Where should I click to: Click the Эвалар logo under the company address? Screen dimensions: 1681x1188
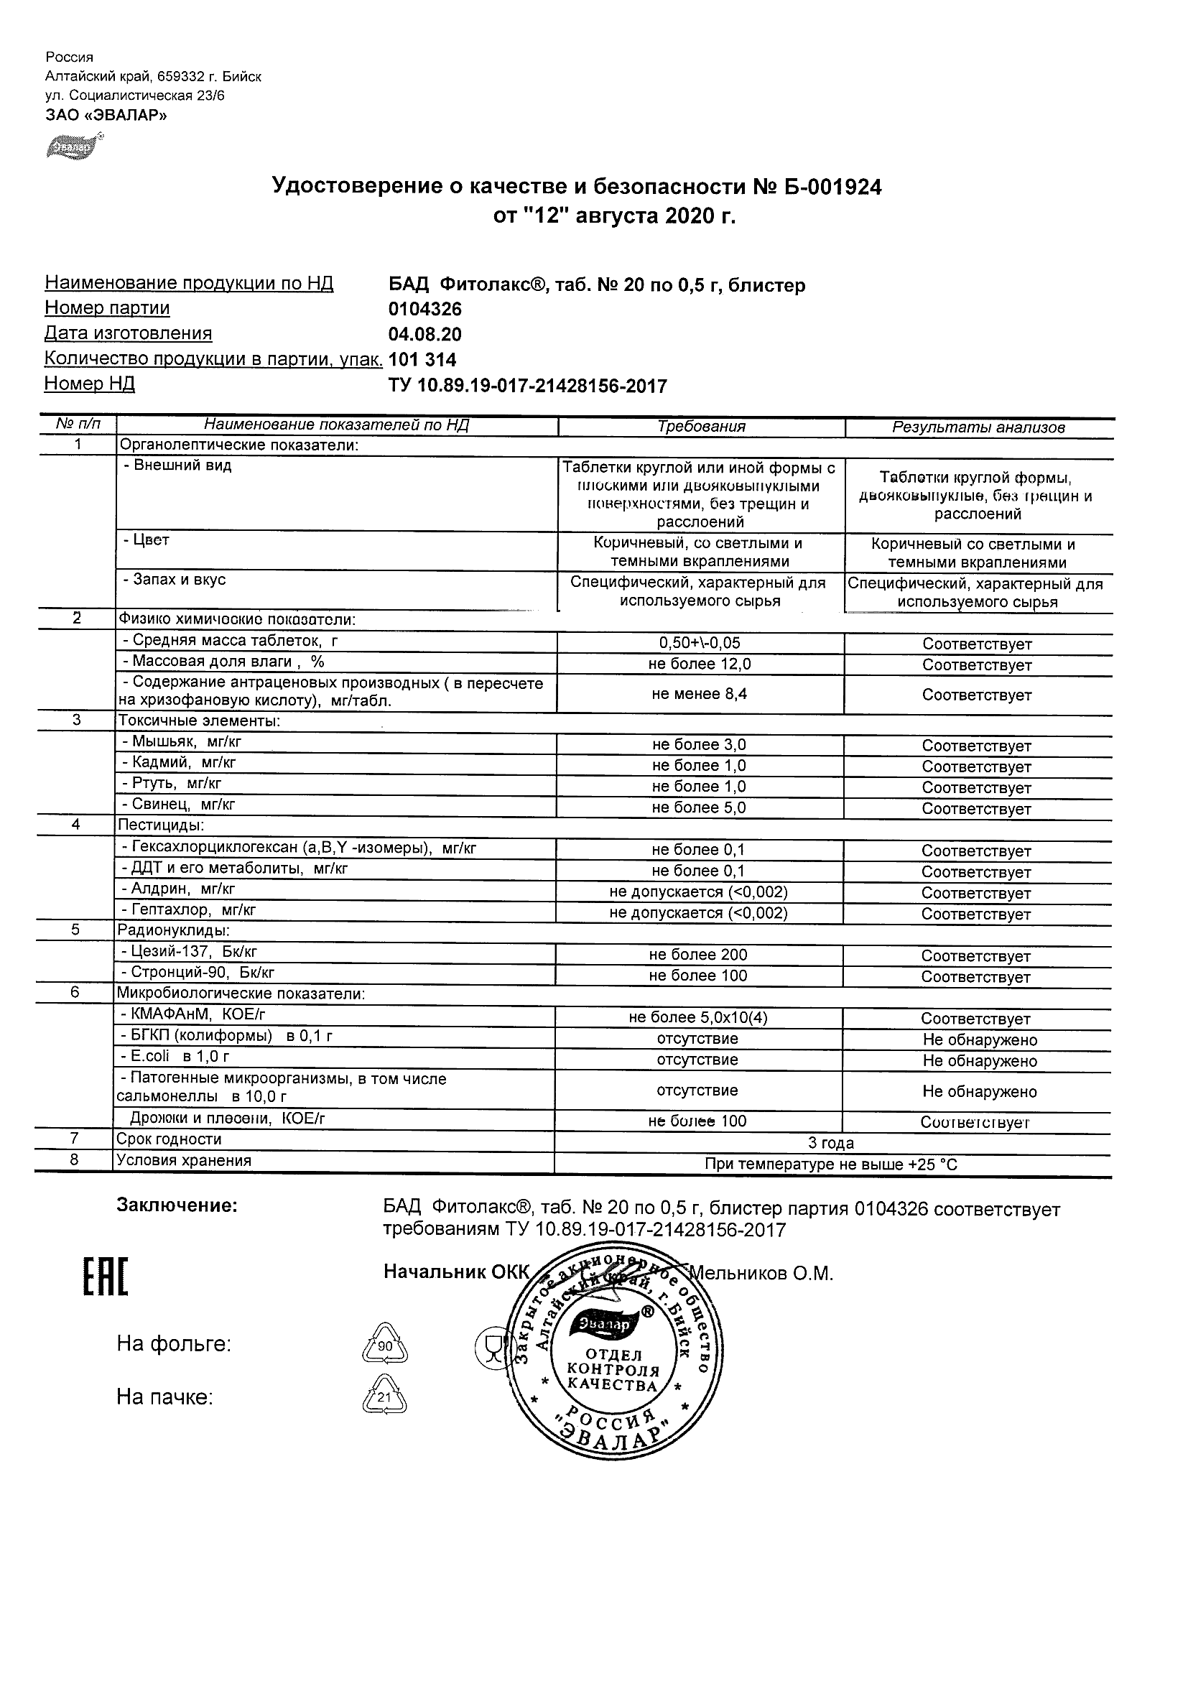click(74, 147)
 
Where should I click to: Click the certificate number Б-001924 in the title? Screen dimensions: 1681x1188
click(832, 187)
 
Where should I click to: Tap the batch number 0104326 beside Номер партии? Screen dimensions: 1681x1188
click(424, 309)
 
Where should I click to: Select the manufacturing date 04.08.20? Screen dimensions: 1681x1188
click(424, 335)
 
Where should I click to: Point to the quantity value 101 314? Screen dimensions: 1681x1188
click(422, 359)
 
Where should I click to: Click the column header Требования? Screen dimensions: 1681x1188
click(700, 427)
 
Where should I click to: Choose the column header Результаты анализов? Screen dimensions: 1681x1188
click(978, 427)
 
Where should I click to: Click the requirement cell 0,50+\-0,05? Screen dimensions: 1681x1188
click(699, 643)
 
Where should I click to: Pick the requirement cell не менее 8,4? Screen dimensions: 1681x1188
click(699, 693)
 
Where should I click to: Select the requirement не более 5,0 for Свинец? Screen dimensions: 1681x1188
click(698, 807)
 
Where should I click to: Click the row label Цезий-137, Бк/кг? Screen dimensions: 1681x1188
click(188, 952)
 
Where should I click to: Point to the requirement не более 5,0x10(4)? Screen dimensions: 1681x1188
click(697, 1018)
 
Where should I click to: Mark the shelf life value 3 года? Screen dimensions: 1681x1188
click(830, 1143)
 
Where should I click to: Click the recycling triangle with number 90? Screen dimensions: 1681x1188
click(385, 1344)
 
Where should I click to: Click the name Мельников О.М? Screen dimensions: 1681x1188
click(761, 1274)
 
